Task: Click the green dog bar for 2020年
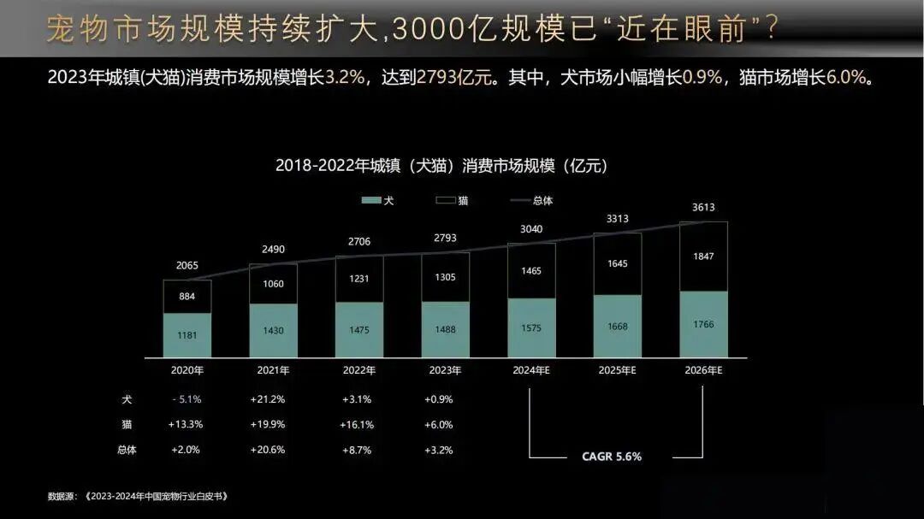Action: click(x=187, y=335)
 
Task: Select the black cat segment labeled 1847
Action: click(x=703, y=257)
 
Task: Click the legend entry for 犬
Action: click(x=377, y=200)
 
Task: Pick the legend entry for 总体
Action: click(x=531, y=200)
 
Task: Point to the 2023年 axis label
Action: click(x=445, y=371)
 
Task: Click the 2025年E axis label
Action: click(x=617, y=371)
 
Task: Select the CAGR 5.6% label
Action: click(x=612, y=457)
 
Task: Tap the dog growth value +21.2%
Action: click(x=267, y=399)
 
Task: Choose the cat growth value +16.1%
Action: click(x=356, y=425)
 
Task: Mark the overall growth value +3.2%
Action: click(x=438, y=450)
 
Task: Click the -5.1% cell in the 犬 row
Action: click(x=186, y=399)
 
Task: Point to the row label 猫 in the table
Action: click(x=127, y=425)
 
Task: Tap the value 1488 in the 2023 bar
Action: click(x=445, y=329)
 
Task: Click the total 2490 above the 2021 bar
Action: click(x=273, y=250)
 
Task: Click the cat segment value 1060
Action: click(x=273, y=284)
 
